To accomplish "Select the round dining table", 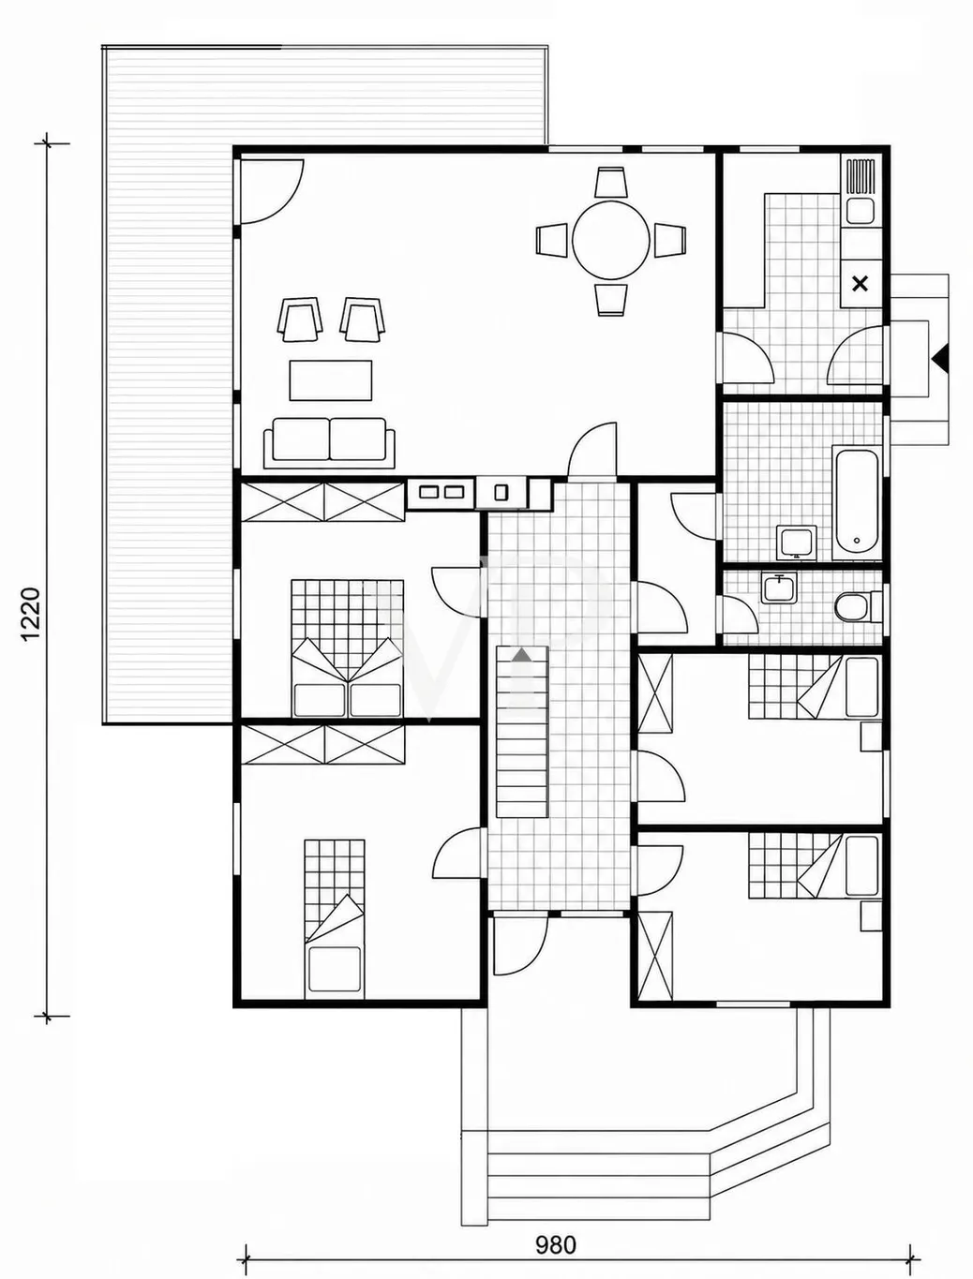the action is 610,240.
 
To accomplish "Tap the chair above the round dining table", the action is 610,182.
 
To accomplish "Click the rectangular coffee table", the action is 331,380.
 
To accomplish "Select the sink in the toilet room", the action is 778,587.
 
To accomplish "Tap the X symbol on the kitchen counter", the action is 860,284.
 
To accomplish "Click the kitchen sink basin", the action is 860,211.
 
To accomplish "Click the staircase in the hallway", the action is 522,732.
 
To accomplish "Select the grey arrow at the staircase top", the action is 522,655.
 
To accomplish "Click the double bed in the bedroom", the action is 348,648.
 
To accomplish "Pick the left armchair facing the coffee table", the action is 301,320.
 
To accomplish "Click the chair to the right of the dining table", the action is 669,240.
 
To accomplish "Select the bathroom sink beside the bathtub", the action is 797,542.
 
